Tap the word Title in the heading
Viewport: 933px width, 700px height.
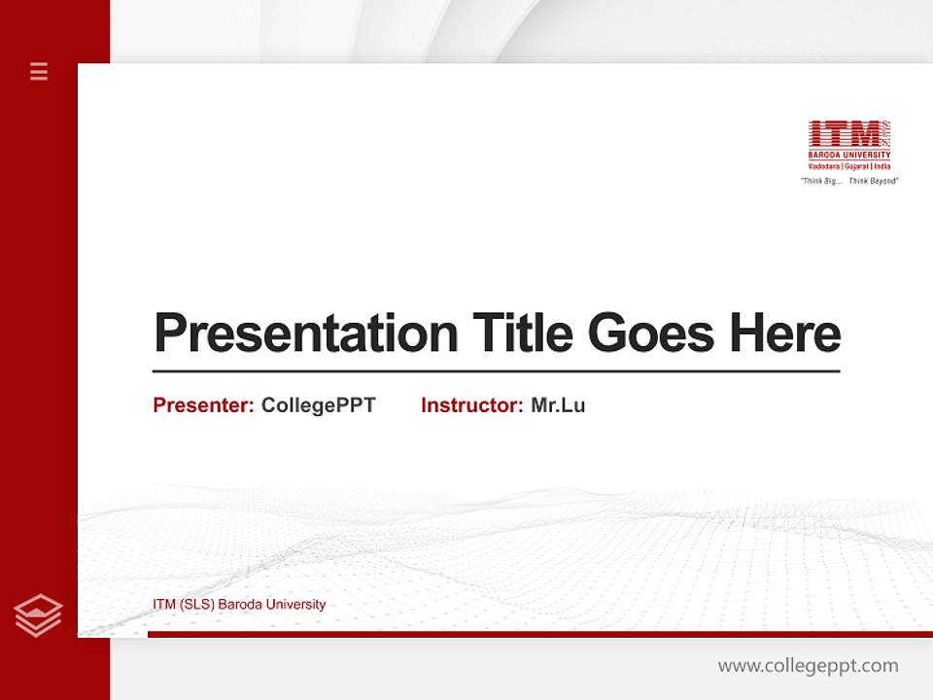click(x=523, y=333)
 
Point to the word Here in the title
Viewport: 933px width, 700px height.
click(x=784, y=333)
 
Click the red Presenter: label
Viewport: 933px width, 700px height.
click(x=203, y=405)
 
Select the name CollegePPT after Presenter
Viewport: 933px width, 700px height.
click(x=318, y=405)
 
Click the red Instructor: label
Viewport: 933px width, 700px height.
click(x=471, y=405)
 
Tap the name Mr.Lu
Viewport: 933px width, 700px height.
click(x=558, y=405)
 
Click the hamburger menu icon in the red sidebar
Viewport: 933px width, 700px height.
click(x=39, y=71)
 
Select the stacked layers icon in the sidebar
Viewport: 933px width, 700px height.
click(x=38, y=615)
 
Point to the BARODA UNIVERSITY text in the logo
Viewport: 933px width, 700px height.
click(x=849, y=156)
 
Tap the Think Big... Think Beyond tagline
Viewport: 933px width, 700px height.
click(x=849, y=181)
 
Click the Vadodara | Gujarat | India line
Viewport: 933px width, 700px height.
click(x=849, y=166)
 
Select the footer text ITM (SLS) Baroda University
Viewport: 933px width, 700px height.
click(x=239, y=605)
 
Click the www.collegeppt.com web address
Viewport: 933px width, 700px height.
click(x=808, y=666)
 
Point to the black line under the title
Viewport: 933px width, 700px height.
click(x=496, y=371)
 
